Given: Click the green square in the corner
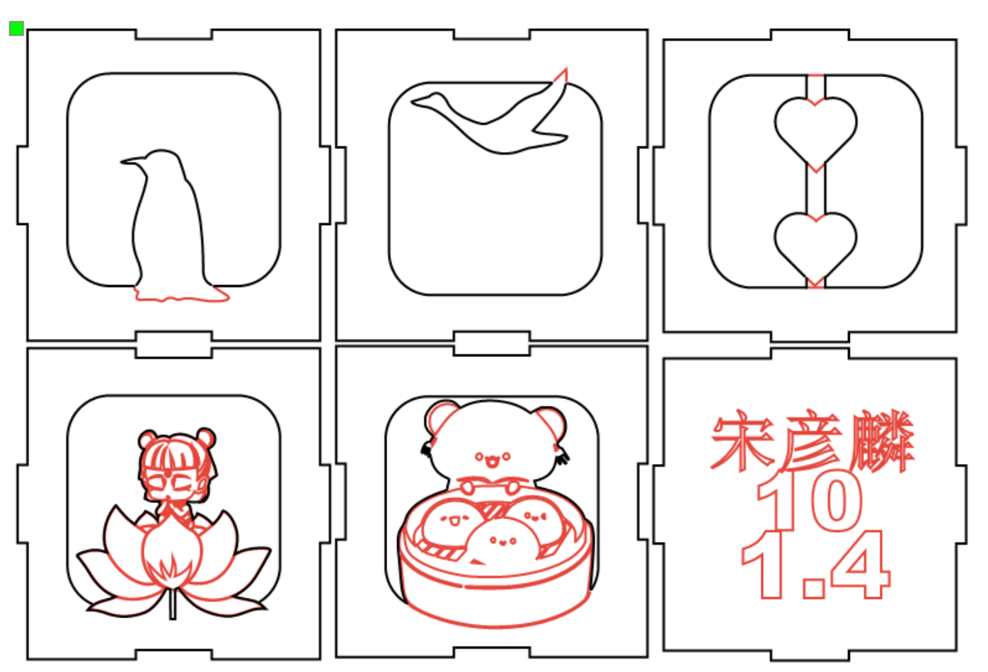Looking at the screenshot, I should pyautogui.click(x=16, y=28).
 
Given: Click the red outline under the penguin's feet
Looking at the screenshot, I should pyautogui.click(x=181, y=296).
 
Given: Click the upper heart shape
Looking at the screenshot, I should pyautogui.click(x=815, y=127).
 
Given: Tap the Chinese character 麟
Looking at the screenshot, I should pyautogui.click(x=881, y=442).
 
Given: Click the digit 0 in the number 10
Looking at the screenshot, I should pyautogui.click(x=837, y=502).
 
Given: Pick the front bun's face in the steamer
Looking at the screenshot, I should pyautogui.click(x=503, y=542).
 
